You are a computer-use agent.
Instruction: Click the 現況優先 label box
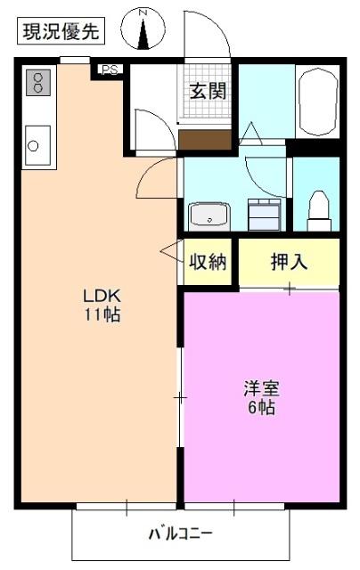coord(61,32)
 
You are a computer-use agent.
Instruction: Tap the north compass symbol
coord(144,28)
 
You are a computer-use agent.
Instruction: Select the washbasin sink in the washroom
coord(209,216)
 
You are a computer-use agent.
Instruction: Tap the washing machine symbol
coord(265,215)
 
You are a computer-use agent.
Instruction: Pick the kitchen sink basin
coord(38,142)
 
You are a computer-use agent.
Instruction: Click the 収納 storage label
coord(207,262)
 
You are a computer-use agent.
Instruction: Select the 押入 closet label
coord(289,262)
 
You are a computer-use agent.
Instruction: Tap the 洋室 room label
coord(262,389)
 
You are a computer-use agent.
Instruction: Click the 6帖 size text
coord(262,408)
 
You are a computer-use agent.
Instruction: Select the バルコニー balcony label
coord(180,534)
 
